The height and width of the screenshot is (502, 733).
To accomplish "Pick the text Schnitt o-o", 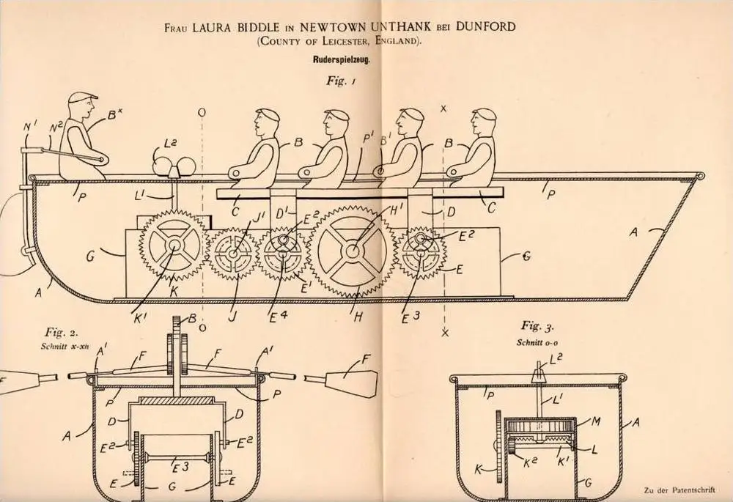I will pyautogui.click(x=537, y=342).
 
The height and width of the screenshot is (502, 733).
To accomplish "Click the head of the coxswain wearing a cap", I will pyautogui.click(x=82, y=107).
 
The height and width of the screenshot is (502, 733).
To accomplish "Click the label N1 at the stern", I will pyautogui.click(x=30, y=126).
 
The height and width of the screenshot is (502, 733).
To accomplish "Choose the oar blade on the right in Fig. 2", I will pyautogui.click(x=345, y=380).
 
